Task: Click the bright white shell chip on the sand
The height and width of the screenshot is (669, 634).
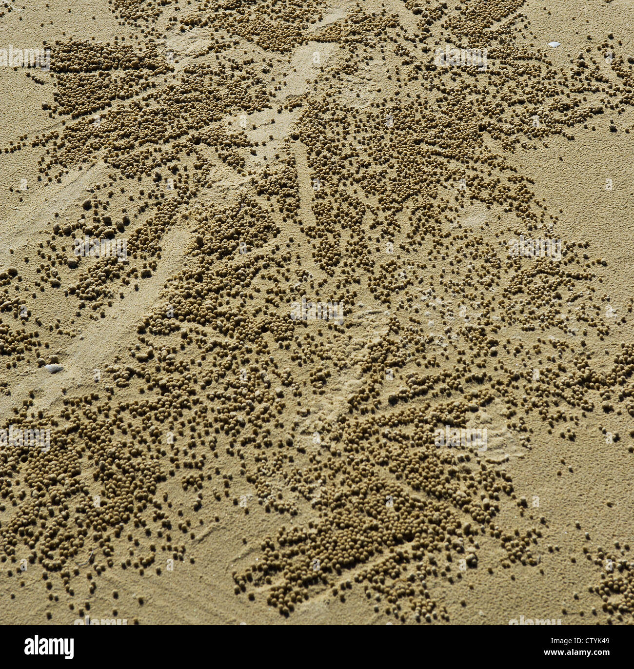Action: point(554,44)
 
